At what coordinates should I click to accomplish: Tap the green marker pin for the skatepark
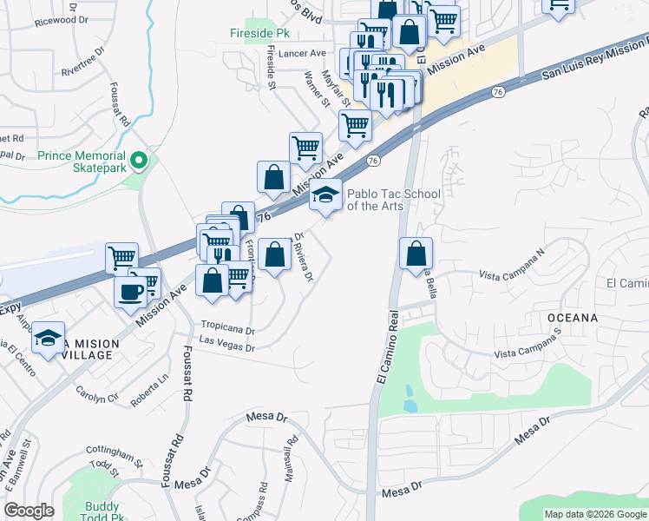[138, 162]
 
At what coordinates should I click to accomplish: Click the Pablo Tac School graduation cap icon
[325, 196]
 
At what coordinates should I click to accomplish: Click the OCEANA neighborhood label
[573, 318]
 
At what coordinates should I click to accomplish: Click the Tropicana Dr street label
[227, 330]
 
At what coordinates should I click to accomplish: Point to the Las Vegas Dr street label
[226, 347]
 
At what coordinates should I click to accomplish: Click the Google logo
[29, 511]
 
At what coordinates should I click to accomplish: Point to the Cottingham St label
[115, 453]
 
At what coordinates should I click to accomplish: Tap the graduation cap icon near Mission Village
[49, 337]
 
